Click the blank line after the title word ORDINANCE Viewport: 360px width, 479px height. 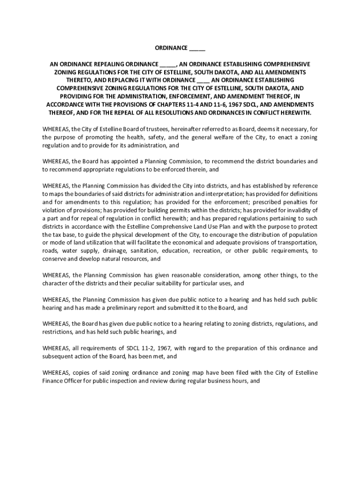(197, 48)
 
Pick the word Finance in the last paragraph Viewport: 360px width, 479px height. (53, 381)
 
